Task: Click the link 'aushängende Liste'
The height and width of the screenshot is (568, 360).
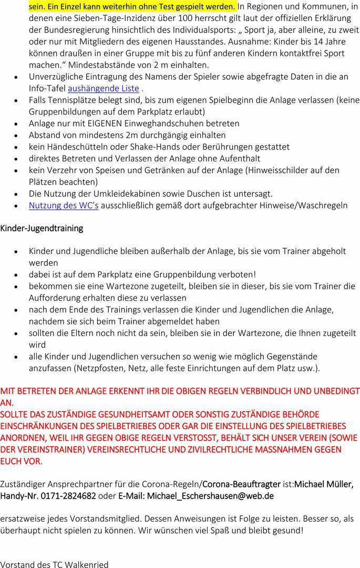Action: [x=104, y=88]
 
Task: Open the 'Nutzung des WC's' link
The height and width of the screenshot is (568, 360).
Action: [x=64, y=205]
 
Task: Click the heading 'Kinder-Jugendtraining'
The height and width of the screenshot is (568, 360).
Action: [x=42, y=228]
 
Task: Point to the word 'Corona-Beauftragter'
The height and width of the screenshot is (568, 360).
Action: [x=242, y=484]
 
